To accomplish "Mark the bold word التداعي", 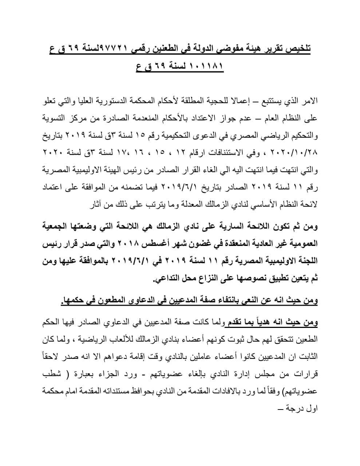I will (x=166, y=279).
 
